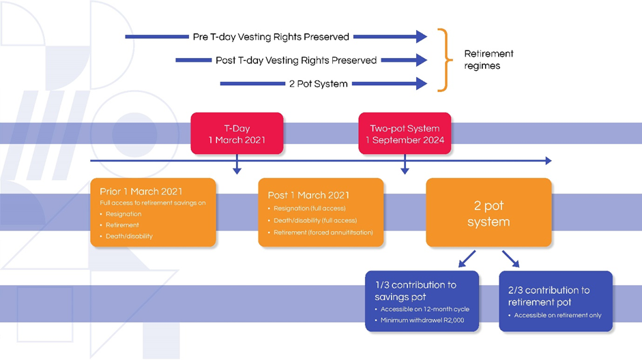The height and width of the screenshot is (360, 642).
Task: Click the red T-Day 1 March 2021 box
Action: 237,133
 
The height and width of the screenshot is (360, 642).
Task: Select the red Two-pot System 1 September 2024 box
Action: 405,133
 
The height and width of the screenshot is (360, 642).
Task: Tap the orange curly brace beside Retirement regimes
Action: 444,60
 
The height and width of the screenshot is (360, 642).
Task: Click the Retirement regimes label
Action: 488,59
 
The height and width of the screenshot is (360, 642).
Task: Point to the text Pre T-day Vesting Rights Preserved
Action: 270,37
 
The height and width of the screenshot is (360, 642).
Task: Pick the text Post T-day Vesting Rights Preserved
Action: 295,60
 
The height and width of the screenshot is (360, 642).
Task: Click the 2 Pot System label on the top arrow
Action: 318,84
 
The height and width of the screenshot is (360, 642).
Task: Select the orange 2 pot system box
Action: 488,213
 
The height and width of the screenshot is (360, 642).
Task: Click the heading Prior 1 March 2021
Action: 141,192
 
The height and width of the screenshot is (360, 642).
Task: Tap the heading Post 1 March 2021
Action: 308,196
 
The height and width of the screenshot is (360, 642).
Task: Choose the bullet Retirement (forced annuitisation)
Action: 323,232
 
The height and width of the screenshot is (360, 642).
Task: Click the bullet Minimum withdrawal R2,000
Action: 422,320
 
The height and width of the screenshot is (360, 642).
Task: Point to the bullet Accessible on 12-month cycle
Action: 424,309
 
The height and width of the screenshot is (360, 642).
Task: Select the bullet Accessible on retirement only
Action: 557,315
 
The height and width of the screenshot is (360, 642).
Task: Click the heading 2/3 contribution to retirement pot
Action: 549,296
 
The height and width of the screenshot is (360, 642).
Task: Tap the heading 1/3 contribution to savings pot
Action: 415,290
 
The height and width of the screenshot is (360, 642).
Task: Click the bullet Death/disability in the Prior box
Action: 129,236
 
